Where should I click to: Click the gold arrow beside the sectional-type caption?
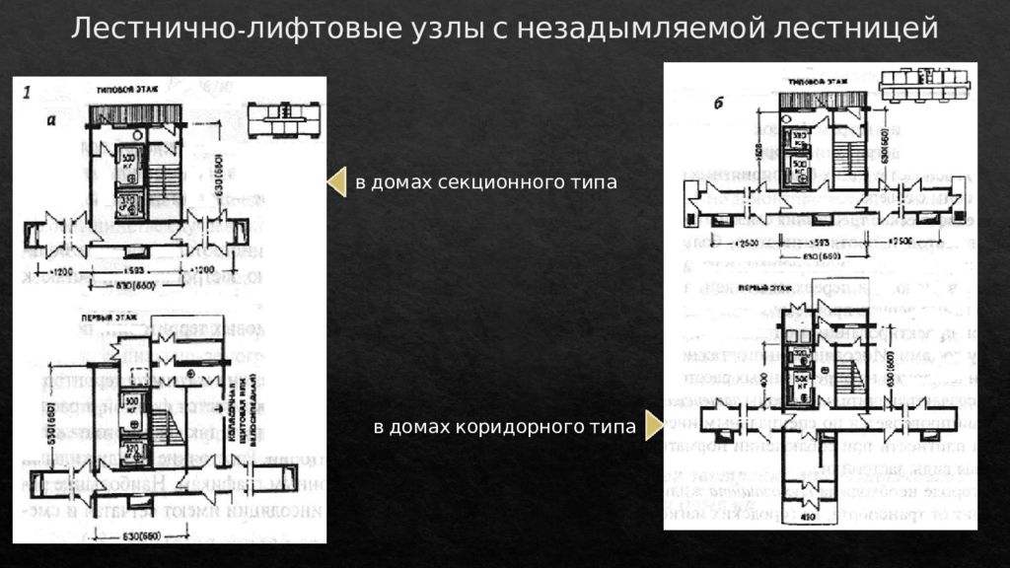tap(336, 182)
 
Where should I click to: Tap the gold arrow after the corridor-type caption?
tap(654, 427)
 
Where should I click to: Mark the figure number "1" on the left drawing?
tap(27, 92)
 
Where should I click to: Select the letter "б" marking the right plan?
tap(717, 104)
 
